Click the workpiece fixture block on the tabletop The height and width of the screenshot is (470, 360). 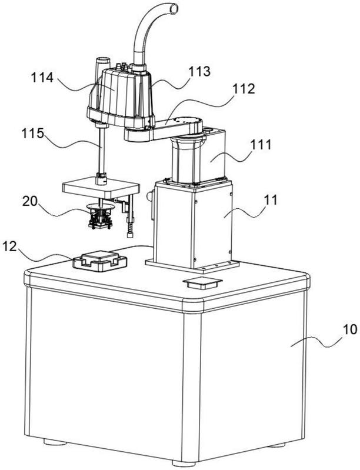coord(99,259)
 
